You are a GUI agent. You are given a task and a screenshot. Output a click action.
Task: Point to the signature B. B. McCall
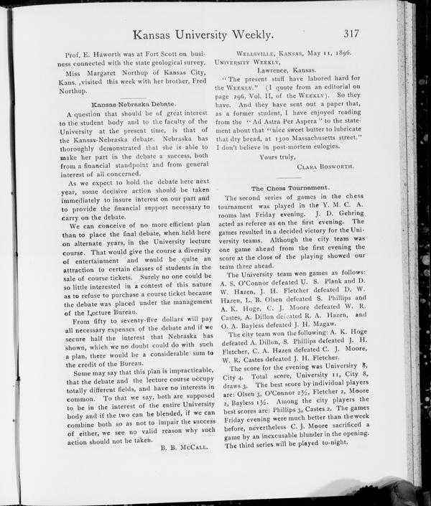[184, 447]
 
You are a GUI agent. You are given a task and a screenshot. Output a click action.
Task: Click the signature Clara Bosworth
[325, 166]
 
